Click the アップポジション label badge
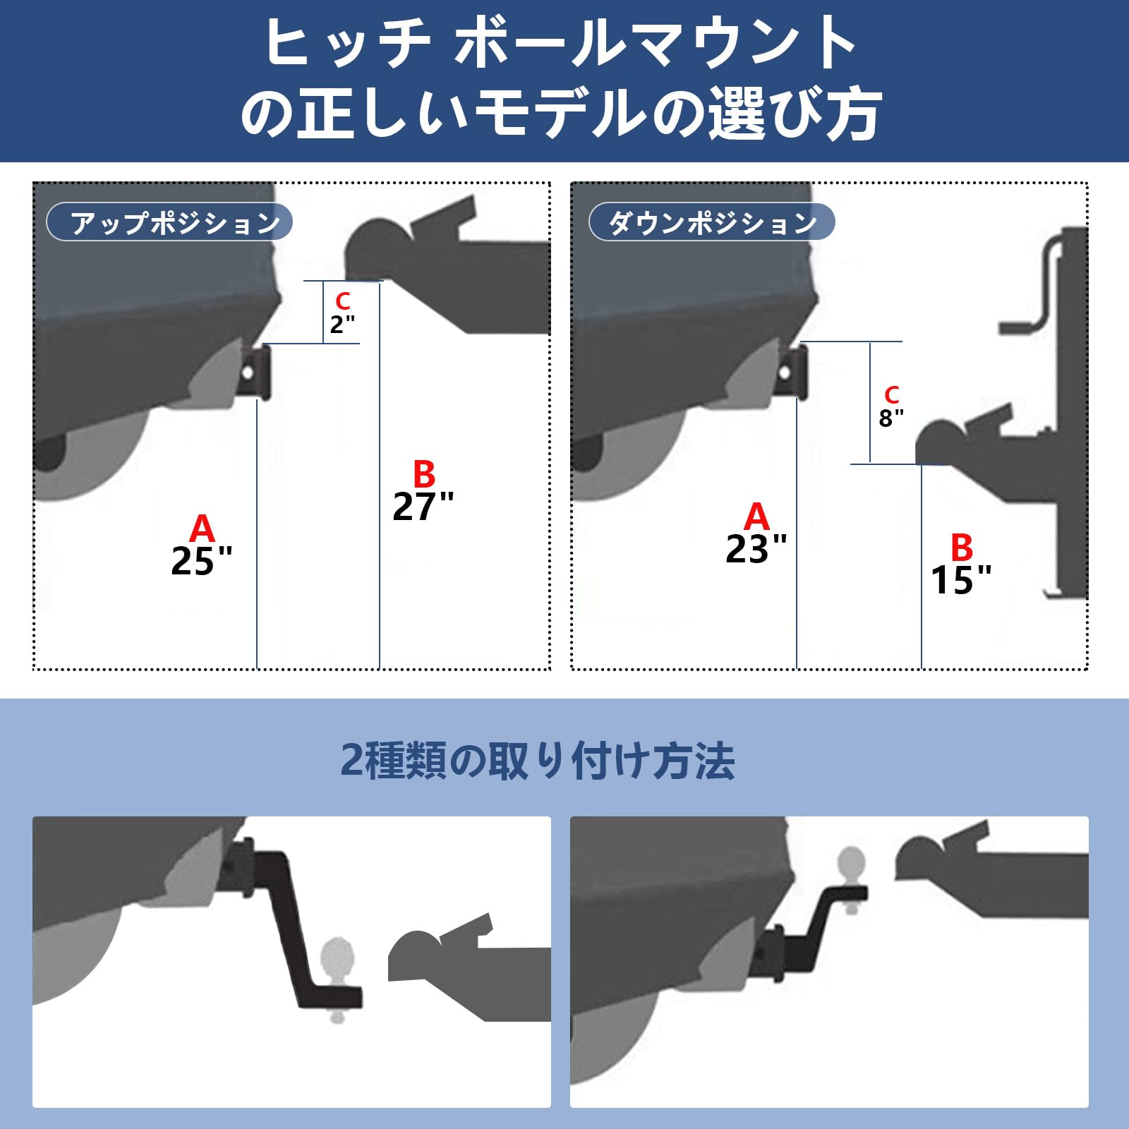[169, 223]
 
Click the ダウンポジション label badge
[711, 223]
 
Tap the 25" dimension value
[201, 562]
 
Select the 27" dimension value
[423, 507]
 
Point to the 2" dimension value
[342, 325]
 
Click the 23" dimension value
[756, 550]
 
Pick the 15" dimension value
[960, 581]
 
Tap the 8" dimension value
[890, 418]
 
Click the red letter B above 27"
[424, 474]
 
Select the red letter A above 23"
[756, 517]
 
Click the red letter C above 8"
[892, 395]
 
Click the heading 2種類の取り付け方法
[538, 761]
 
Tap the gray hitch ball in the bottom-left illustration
[337, 956]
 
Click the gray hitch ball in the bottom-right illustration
[852, 864]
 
